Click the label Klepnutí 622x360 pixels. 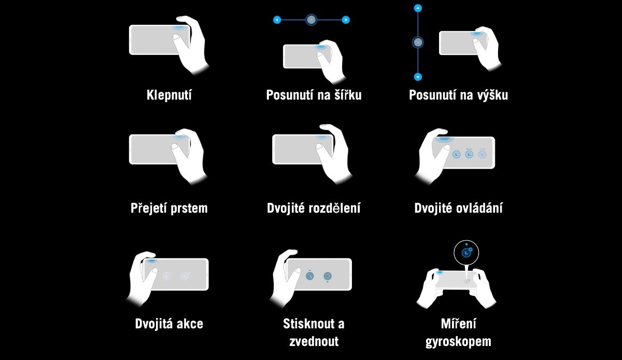(169, 95)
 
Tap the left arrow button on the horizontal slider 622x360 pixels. (277, 20)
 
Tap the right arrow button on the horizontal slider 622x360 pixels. (346, 20)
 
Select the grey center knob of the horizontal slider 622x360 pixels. (312, 20)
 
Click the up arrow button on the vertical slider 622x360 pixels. (418, 8)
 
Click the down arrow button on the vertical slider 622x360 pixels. (418, 77)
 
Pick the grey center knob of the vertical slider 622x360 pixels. (418, 43)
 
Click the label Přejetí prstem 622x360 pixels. (169, 208)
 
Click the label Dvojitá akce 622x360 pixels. (169, 324)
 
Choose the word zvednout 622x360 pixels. (314, 341)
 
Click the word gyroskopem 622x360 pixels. (458, 342)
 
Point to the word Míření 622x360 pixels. (458, 324)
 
